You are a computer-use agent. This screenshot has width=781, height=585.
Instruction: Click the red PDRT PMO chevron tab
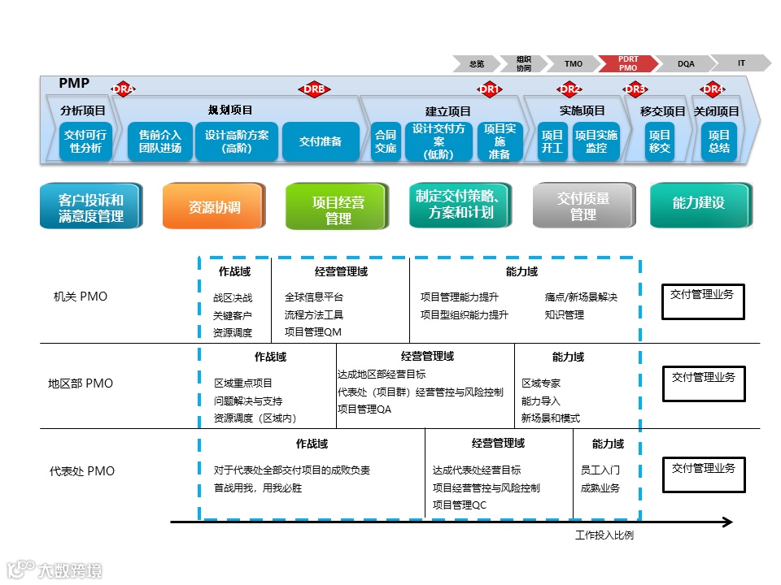tap(628, 63)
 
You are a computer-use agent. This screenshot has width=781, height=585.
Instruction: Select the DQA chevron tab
tap(686, 63)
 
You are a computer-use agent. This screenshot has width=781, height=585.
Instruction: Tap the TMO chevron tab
tap(573, 63)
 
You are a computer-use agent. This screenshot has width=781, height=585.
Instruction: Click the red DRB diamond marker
tap(314, 89)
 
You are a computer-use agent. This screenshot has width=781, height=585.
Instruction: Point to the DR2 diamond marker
tap(569, 89)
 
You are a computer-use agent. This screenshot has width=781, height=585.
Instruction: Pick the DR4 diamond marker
tap(713, 89)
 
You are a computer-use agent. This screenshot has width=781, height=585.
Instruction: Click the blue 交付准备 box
tap(320, 141)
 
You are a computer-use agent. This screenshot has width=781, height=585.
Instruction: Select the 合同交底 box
tap(386, 141)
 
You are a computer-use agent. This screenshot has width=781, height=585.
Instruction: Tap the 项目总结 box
tap(718, 141)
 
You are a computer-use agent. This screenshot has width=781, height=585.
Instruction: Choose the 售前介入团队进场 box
tap(159, 141)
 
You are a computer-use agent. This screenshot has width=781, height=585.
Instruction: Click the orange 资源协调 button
tap(214, 206)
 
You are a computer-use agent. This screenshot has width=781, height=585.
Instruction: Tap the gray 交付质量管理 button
tap(582, 206)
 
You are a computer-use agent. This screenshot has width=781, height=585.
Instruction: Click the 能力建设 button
tap(698, 203)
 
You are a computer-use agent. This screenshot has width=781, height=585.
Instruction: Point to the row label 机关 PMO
tap(81, 297)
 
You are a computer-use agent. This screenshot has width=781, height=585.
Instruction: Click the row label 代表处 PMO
tap(82, 471)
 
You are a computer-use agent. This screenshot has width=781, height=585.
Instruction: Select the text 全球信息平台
tap(314, 297)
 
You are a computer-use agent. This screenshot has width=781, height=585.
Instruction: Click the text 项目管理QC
tap(460, 505)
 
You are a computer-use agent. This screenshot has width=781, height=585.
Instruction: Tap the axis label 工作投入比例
tap(604, 535)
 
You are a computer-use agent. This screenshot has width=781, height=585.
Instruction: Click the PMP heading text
tap(74, 84)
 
